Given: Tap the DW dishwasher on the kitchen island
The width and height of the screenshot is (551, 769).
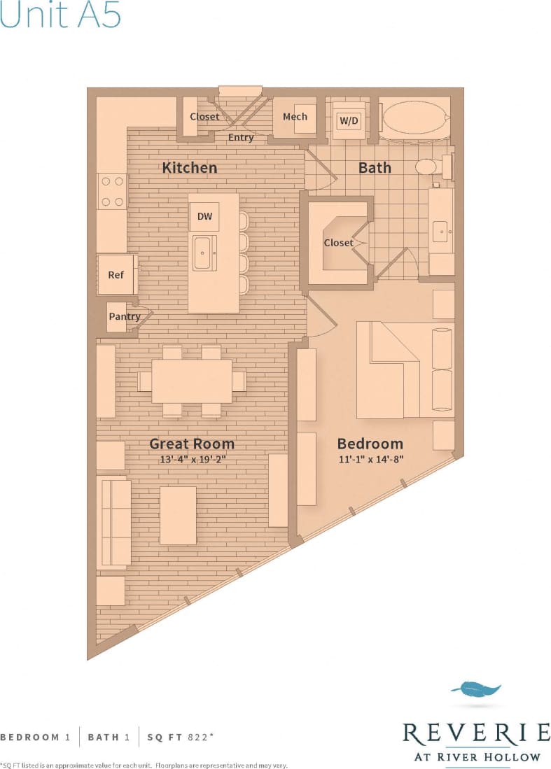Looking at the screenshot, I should tap(204, 217).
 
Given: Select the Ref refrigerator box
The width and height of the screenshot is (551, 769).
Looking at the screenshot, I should tap(116, 274).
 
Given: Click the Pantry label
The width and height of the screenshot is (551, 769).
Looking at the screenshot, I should tap(124, 316).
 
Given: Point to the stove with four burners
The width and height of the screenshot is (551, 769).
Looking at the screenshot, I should tap(112, 190).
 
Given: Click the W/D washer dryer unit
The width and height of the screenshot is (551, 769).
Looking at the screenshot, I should tap(349, 120).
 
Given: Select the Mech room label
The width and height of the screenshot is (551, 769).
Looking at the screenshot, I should tap(295, 117).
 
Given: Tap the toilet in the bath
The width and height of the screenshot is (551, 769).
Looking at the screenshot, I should tap(426, 167).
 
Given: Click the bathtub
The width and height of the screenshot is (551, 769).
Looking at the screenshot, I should tap(414, 119).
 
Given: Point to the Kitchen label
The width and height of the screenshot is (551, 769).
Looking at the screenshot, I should tap(190, 168).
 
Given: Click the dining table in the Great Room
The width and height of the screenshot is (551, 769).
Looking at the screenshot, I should tap(192, 381).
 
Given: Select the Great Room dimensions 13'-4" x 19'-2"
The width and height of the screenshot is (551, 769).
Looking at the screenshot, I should tap(193, 459).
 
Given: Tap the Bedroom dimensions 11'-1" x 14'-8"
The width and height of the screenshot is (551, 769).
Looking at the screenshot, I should tap(370, 459).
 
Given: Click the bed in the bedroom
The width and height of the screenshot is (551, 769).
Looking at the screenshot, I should tap(399, 369).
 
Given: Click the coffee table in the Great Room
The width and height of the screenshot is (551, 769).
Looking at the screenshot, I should tap(178, 515).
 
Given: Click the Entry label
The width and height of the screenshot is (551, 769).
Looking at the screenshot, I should tap(241, 137).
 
